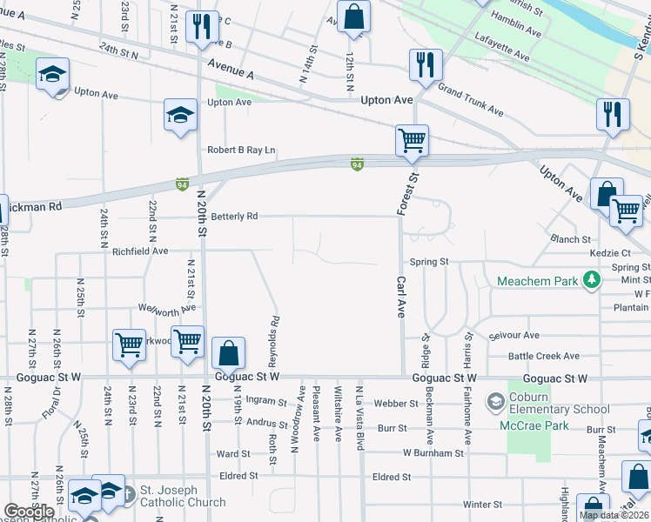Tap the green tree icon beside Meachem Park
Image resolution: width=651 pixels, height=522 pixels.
pyautogui.click(x=592, y=279)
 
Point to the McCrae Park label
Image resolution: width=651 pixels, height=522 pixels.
pyautogui.click(x=534, y=425)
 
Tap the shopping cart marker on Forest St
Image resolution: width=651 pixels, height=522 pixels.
pyautogui.click(x=411, y=140)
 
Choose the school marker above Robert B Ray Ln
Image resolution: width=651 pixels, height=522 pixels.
pyautogui.click(x=180, y=115)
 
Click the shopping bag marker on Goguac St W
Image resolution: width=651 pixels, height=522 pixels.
pyautogui.click(x=228, y=354)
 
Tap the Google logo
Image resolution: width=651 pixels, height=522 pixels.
pyautogui.click(x=29, y=512)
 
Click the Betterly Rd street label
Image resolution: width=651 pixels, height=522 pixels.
pyautogui.click(x=234, y=216)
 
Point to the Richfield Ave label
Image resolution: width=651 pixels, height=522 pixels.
pyautogui.click(x=139, y=251)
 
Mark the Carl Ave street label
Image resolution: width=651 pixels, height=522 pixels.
pyautogui.click(x=401, y=298)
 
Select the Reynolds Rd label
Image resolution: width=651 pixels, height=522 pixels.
pyautogui.click(x=274, y=331)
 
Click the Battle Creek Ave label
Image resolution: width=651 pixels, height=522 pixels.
pyautogui.click(x=544, y=356)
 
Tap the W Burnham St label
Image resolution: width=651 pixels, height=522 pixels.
pyautogui.click(x=433, y=453)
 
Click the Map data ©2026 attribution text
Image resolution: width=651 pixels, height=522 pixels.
pyautogui.click(x=614, y=515)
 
